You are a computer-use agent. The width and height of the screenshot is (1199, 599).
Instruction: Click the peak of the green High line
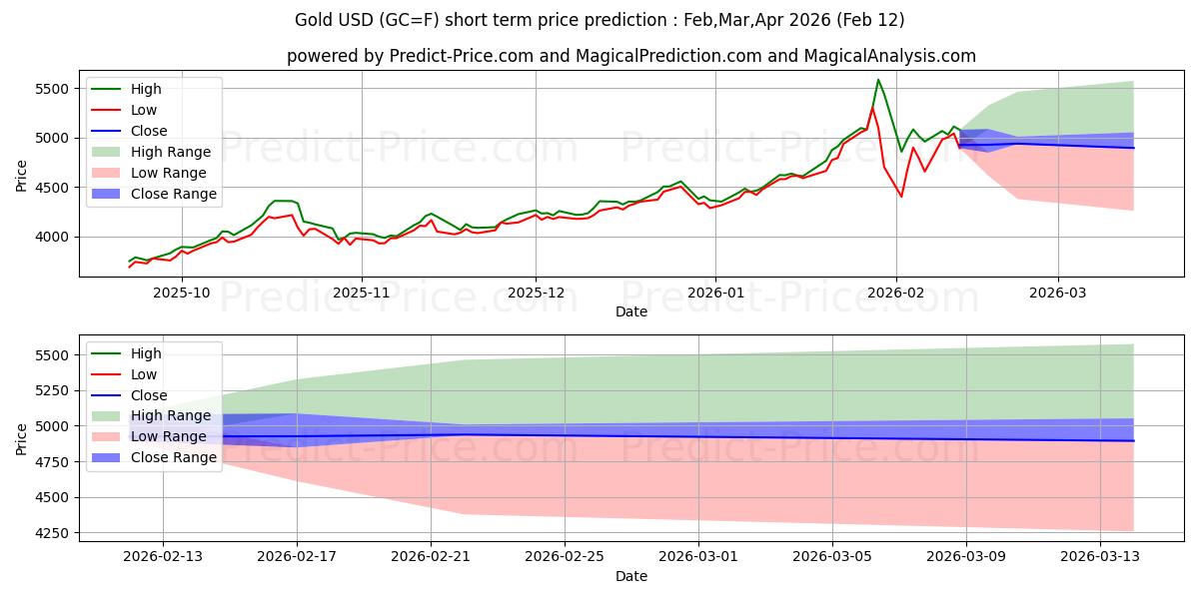878,80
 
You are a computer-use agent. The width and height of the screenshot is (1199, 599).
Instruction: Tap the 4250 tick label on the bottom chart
55,533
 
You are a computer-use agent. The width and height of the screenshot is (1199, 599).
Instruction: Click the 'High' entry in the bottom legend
146,353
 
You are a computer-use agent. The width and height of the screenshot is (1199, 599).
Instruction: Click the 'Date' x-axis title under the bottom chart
630,576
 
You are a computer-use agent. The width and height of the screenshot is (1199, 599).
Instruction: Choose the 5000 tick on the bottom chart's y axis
55,426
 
